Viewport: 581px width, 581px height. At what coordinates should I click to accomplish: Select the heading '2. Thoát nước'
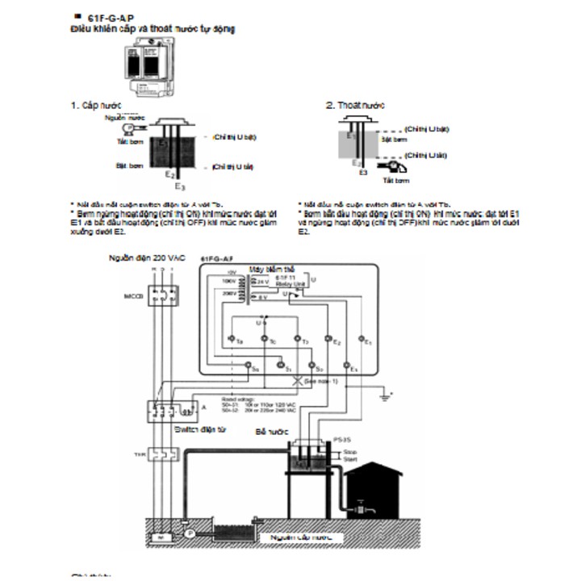pos(355,106)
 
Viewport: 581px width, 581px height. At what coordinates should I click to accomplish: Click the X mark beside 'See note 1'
pos(297,380)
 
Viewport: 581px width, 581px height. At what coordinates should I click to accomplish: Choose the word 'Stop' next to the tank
pos(350,453)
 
